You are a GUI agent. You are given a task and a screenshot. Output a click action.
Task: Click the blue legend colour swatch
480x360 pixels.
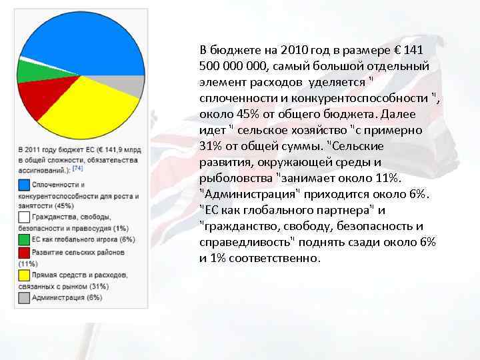point(24,184)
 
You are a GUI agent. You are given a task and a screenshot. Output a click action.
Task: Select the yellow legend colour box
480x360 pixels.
point(24,275)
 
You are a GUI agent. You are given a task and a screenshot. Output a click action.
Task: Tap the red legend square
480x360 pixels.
point(24,252)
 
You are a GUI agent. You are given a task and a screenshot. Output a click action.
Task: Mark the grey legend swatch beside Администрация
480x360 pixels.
point(24,298)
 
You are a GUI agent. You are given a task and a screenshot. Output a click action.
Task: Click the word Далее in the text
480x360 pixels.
point(399,114)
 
